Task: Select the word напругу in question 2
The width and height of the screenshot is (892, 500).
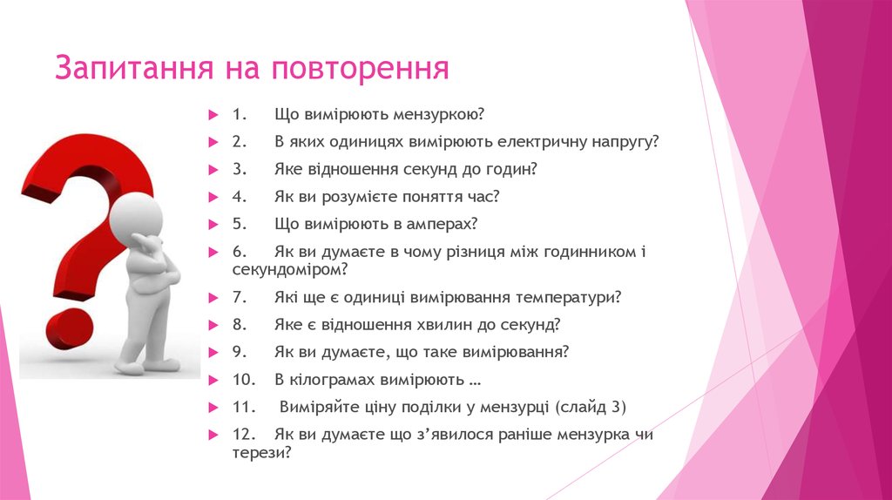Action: coord(625,142)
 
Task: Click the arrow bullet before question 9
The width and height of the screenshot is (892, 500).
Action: coord(213,353)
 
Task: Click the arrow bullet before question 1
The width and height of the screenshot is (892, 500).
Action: coord(213,115)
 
